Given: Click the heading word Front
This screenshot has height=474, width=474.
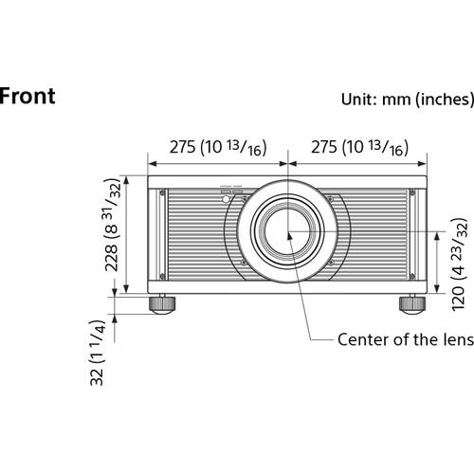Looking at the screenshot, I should pyautogui.click(x=26, y=96).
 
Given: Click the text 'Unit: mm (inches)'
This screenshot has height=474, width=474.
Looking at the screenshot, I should pyautogui.click(x=405, y=99).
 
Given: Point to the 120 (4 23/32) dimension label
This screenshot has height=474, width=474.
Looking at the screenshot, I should pyautogui.click(x=458, y=264).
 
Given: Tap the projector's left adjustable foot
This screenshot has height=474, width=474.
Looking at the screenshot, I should pyautogui.click(x=161, y=304).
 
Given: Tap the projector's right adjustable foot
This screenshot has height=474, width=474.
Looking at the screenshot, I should pyautogui.click(x=410, y=304).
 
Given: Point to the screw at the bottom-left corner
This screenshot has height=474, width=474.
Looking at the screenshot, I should pyautogui.click(x=162, y=276).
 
